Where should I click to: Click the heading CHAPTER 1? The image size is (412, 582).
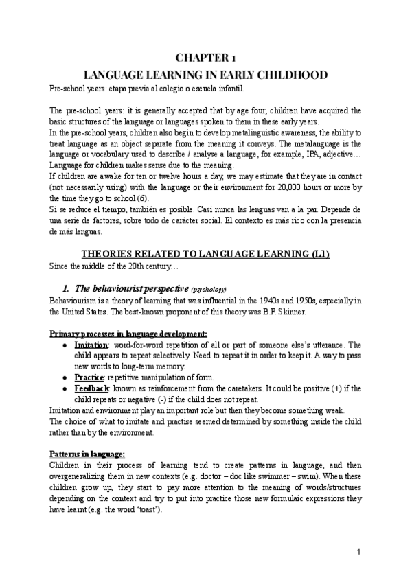[x=205, y=59]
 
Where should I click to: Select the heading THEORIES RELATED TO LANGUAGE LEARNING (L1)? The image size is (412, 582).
[x=205, y=254]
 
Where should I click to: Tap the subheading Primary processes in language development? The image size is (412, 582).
[x=128, y=334]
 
